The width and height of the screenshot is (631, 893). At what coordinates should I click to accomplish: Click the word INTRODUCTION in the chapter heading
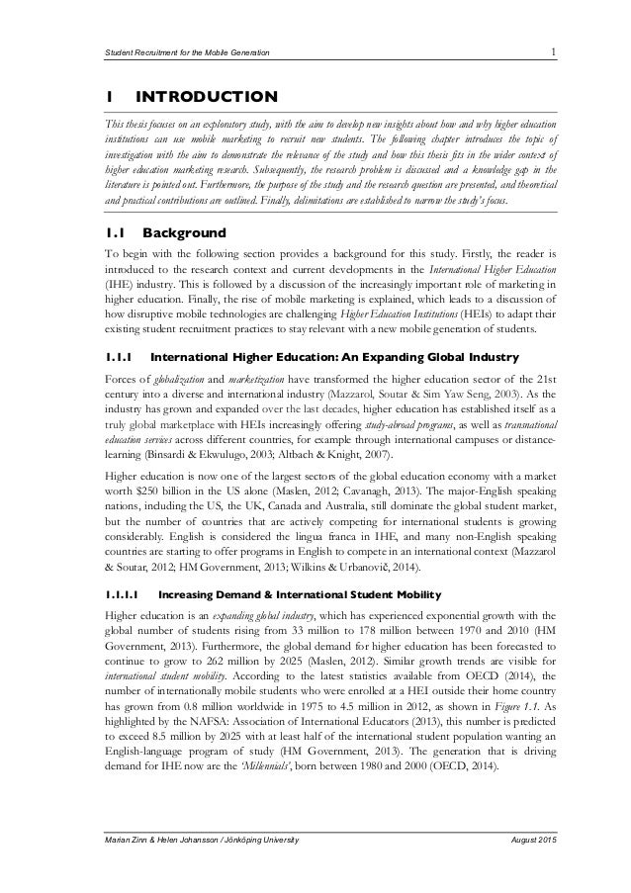(x=206, y=97)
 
